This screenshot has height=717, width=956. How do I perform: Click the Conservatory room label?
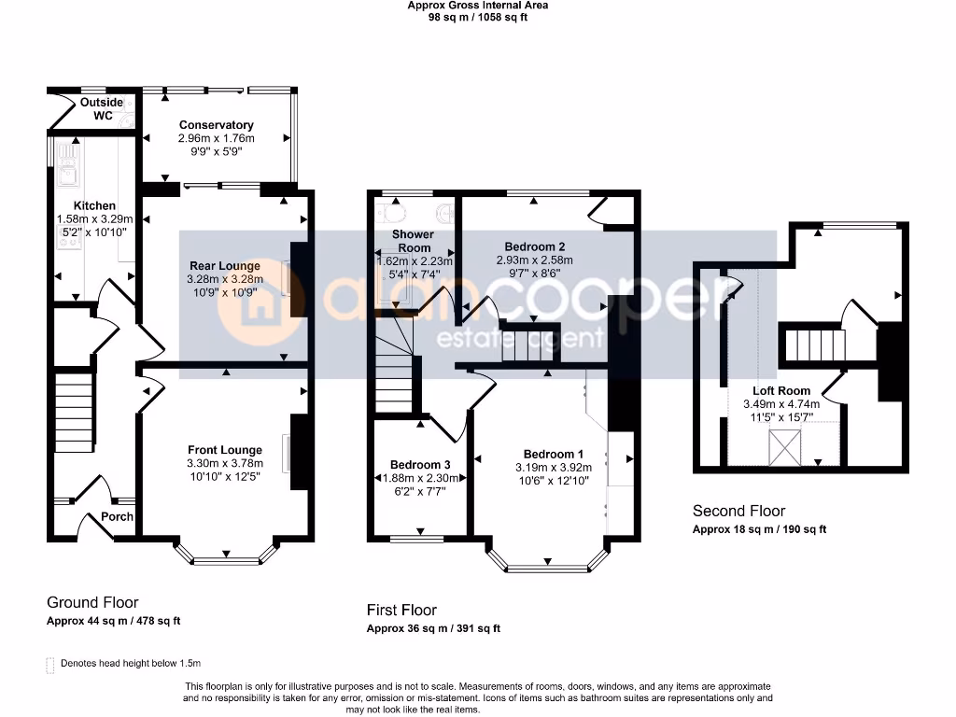[x=216, y=125]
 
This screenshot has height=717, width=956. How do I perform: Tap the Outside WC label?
[x=102, y=108]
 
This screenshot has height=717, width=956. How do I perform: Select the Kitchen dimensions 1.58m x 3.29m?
[x=94, y=218]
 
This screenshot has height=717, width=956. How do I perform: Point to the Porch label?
[x=117, y=516]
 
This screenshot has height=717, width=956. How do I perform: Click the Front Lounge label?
[x=225, y=450]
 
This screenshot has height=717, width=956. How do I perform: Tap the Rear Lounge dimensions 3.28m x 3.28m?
[x=225, y=279]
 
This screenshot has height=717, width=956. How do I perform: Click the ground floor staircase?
[x=75, y=413]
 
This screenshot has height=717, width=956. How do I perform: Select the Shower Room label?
[x=414, y=241]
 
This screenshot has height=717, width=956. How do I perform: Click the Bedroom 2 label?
[x=535, y=246]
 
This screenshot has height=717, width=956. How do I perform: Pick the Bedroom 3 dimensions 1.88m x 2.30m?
[x=420, y=479]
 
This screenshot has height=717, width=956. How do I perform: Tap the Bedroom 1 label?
[x=554, y=455]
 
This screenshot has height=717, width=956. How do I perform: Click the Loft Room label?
[x=781, y=391]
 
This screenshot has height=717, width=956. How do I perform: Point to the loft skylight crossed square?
[x=784, y=447]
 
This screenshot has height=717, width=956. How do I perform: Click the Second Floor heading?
[x=739, y=511]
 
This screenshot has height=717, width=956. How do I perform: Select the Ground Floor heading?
[x=92, y=602]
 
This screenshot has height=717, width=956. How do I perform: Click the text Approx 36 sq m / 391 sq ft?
[x=433, y=628]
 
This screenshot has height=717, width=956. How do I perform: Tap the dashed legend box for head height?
[x=50, y=665]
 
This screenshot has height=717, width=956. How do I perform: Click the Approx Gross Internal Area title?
[x=477, y=6]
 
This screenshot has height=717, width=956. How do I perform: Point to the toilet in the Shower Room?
[x=391, y=213]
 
